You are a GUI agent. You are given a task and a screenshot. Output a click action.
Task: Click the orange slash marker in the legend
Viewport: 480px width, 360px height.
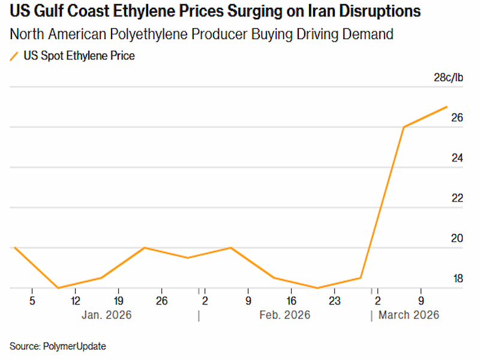click(x=14, y=56)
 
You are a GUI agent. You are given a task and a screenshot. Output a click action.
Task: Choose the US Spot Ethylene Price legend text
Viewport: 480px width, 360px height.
click(x=79, y=56)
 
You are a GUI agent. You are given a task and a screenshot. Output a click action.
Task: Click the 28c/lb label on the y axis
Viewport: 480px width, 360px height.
click(x=449, y=77)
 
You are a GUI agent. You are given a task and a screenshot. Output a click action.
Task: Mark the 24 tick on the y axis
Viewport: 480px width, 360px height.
click(x=457, y=158)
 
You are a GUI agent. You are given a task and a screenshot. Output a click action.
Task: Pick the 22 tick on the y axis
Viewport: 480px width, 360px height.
click(x=457, y=198)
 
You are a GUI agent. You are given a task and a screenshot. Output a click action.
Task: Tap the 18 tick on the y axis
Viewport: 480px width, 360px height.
click(x=457, y=279)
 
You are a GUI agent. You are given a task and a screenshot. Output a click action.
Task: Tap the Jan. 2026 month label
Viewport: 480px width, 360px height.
click(x=106, y=314)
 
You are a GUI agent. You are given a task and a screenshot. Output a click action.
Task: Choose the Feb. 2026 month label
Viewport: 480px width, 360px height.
click(x=284, y=314)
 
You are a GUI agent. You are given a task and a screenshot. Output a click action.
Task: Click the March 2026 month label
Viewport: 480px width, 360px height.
click(x=409, y=314)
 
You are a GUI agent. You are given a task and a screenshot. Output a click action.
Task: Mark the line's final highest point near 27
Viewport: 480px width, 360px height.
click(x=446, y=107)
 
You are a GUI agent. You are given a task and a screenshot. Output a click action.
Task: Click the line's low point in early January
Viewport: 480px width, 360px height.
click(x=58, y=288)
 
